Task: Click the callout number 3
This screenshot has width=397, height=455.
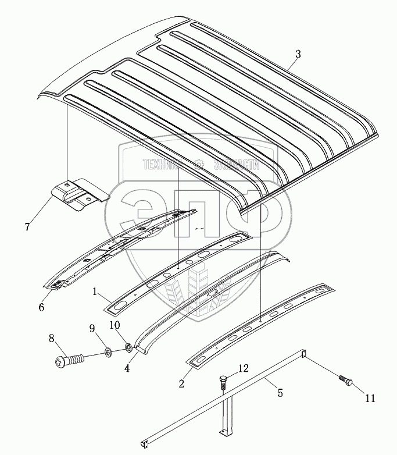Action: coord(298,54)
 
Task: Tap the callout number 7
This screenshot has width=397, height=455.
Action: coord(27,226)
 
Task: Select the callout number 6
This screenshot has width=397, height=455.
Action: coord(41,307)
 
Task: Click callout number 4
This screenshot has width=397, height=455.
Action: coord(126,367)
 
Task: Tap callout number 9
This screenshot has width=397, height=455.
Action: coord(91,328)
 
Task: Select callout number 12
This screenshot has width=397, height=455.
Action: coord(244,368)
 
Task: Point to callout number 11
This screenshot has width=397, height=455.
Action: coord(370,399)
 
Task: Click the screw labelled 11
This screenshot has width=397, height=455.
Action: coord(346,381)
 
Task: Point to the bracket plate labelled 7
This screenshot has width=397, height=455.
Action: coord(80,194)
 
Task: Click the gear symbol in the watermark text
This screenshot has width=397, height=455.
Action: coord(198,165)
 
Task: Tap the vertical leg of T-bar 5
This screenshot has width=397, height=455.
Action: coord(224,414)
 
